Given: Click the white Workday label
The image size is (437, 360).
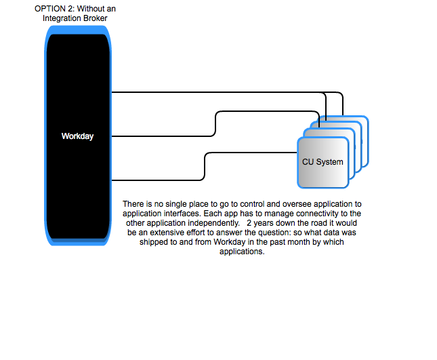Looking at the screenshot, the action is pyautogui.click(x=77, y=136).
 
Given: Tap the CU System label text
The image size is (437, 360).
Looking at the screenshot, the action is pyautogui.click(x=322, y=162).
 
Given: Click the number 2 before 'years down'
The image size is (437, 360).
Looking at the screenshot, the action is pyautogui.click(x=249, y=223).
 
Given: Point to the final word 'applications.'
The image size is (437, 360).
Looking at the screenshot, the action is pyautogui.click(x=242, y=252).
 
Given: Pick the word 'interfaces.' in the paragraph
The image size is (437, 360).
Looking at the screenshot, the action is pyautogui.click(x=182, y=214).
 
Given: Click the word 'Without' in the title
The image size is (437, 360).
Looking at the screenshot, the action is pyautogui.click(x=89, y=9).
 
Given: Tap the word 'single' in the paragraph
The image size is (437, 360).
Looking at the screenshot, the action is pyautogui.click(x=176, y=204).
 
